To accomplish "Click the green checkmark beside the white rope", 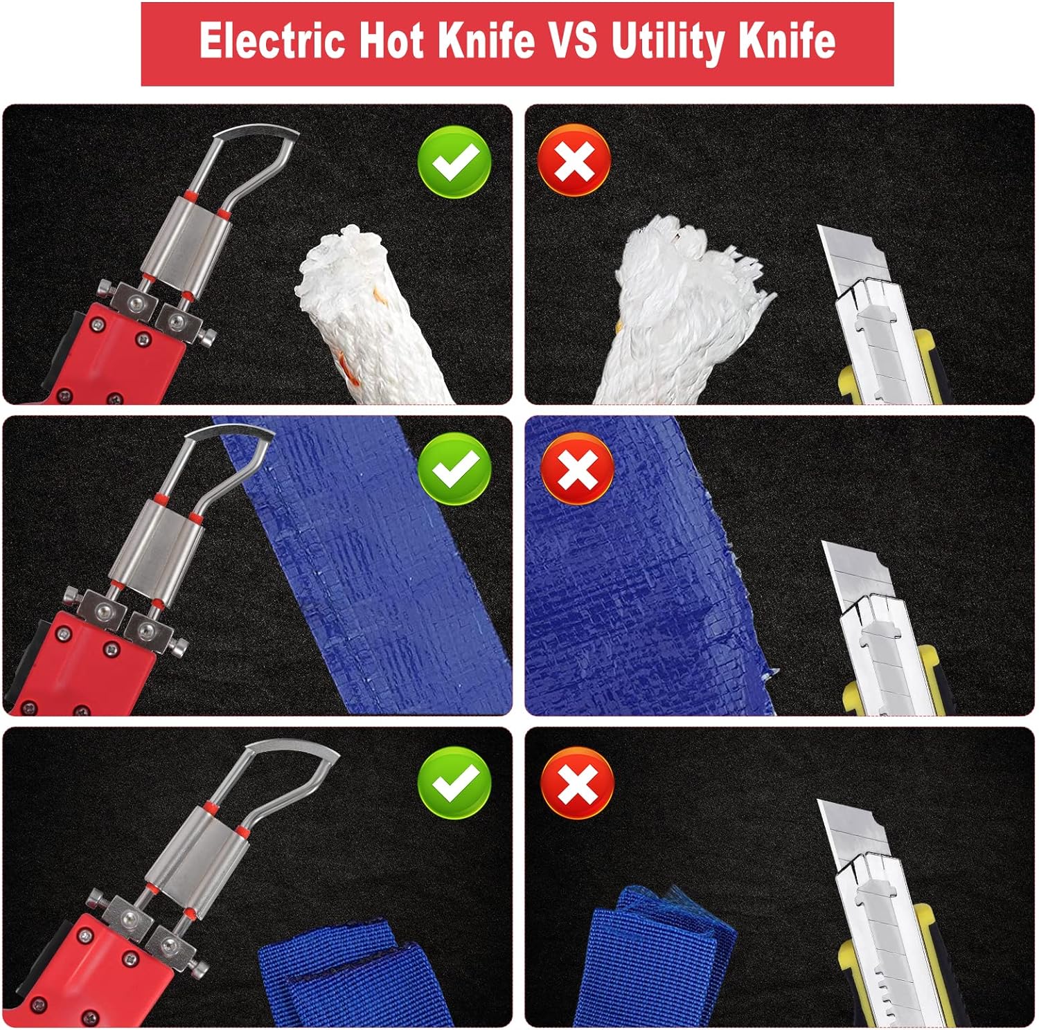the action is [x=454, y=162].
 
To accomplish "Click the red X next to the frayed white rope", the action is [x=574, y=161].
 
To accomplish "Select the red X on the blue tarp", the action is [x=577, y=469].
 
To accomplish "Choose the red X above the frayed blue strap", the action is [x=577, y=783].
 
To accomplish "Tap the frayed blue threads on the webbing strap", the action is [x=658, y=900].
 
